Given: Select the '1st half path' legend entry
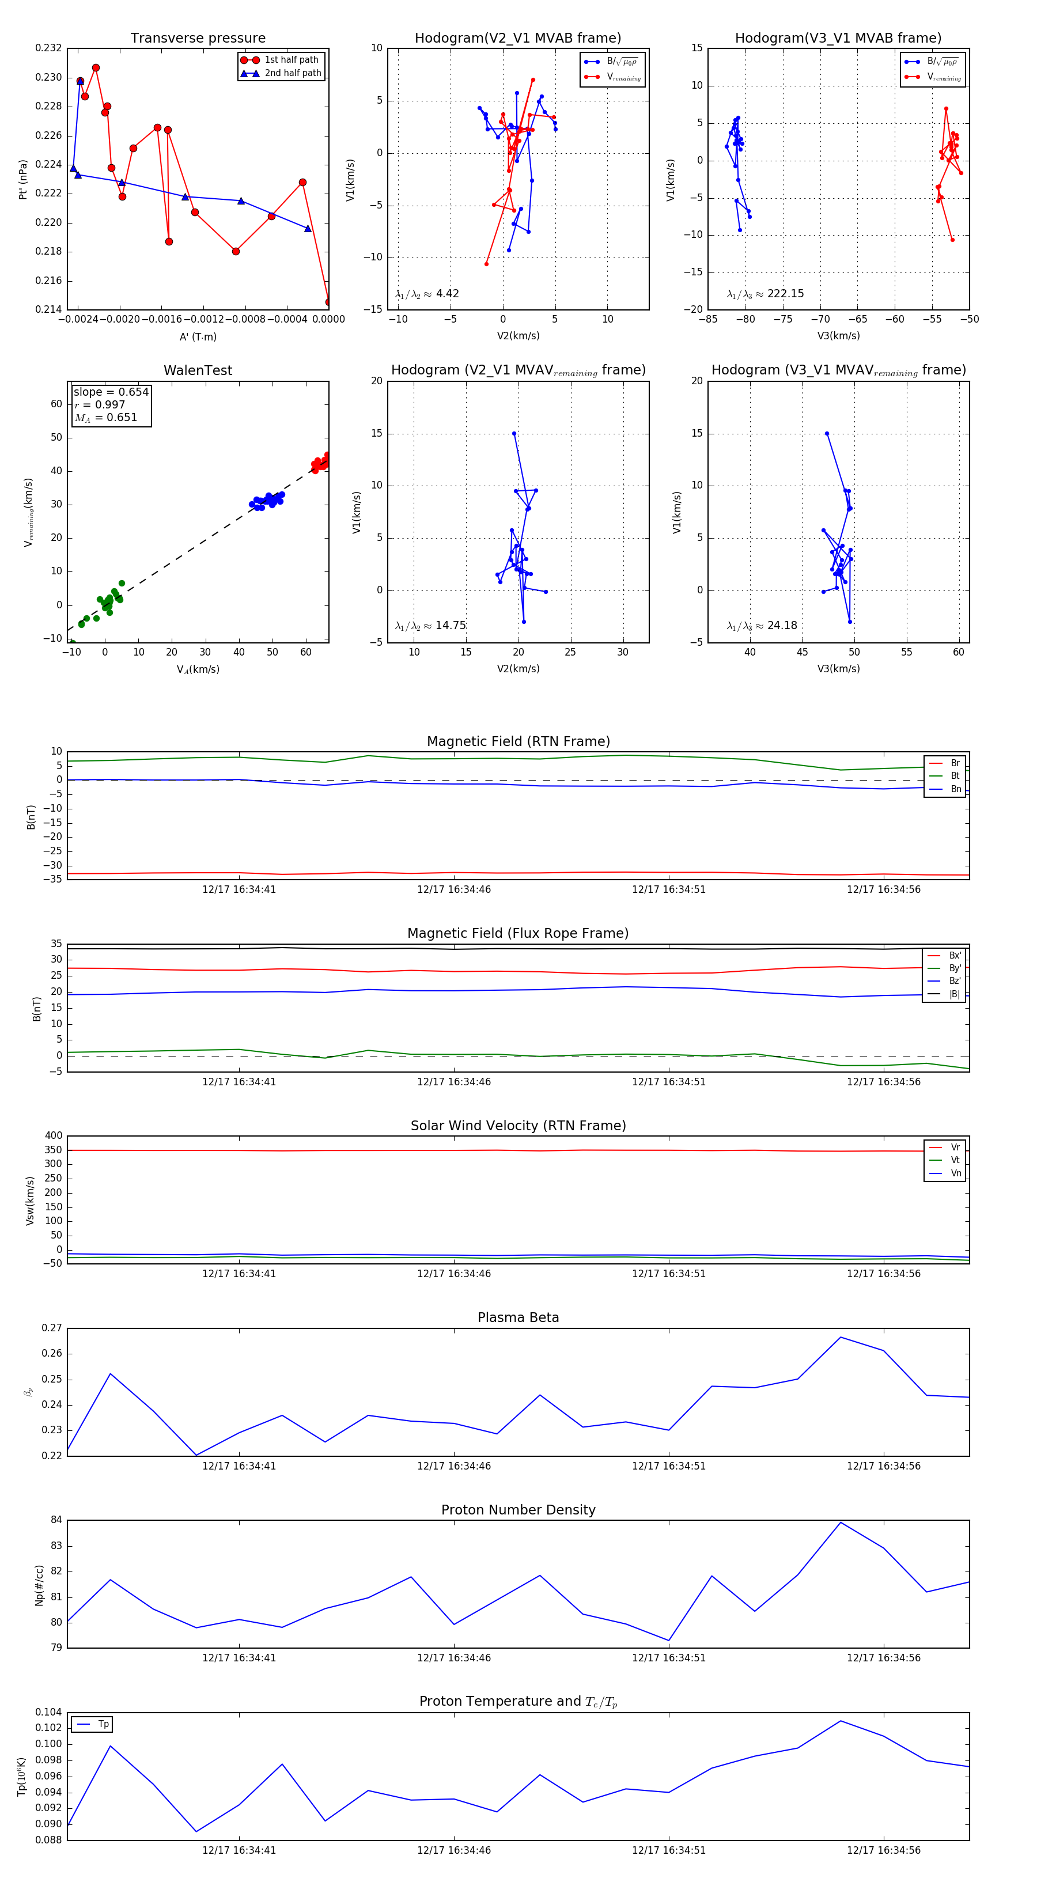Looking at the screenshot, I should coord(291,60).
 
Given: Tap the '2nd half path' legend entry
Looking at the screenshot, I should coord(292,73).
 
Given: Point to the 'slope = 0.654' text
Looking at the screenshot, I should coord(111,392).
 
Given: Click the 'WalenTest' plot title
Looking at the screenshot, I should coord(198,370).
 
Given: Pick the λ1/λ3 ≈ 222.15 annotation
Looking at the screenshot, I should coord(766,294).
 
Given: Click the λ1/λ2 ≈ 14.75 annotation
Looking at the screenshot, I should coord(430,626).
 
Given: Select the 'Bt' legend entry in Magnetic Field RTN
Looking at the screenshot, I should coord(955,775).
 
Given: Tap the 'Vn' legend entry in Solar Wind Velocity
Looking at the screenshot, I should coord(955,1173).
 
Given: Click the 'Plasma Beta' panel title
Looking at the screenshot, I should coord(518,1318).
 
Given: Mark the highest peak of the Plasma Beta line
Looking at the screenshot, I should coord(840,1337).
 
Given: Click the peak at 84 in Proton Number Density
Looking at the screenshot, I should coord(840,1523).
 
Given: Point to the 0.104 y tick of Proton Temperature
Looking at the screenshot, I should coord(49,1712).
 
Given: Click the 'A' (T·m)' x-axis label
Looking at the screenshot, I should coord(198,337).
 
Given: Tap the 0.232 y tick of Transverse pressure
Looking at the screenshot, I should coord(49,48).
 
